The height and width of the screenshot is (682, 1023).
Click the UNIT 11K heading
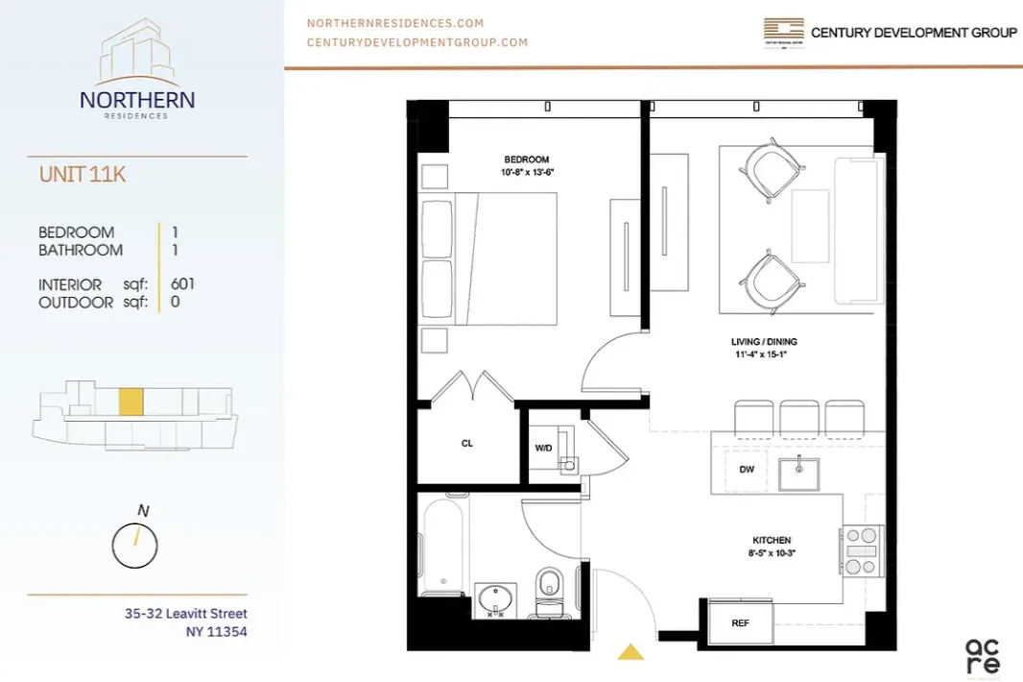[x=82, y=175]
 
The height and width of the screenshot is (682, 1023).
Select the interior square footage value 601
[x=182, y=284]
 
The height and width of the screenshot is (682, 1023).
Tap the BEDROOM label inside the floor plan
[x=526, y=159]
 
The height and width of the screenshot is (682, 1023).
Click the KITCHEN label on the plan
[x=772, y=541]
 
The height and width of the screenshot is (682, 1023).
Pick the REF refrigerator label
[x=740, y=622]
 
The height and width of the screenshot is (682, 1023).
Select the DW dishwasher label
[x=746, y=470]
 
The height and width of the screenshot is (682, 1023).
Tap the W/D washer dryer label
[x=543, y=448]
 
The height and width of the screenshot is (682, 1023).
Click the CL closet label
[x=466, y=444]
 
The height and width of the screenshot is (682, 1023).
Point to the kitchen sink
[x=797, y=473]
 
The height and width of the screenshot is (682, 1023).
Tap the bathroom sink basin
[x=496, y=599]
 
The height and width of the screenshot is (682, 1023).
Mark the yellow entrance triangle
[x=630, y=653]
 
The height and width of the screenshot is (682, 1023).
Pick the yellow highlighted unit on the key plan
[x=131, y=402]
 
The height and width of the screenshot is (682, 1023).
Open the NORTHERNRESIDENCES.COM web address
[x=394, y=23]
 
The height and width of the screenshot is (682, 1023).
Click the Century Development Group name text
[x=913, y=33]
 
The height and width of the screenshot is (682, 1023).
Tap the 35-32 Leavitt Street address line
[x=185, y=614]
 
